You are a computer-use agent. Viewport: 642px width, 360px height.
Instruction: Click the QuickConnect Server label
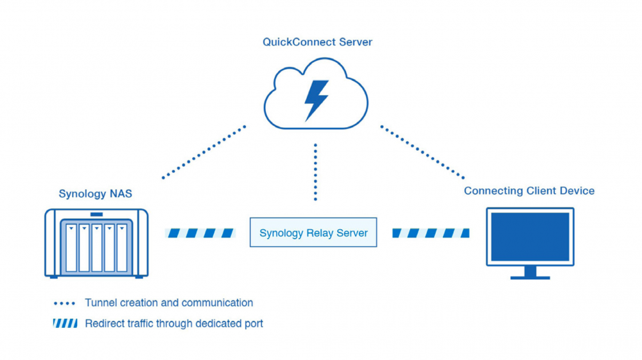(317, 42)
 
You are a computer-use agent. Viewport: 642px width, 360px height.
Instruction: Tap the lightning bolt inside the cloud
(316, 100)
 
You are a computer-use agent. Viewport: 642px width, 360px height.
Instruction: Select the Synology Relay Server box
(313, 233)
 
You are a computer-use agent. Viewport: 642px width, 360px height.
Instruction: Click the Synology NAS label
(95, 194)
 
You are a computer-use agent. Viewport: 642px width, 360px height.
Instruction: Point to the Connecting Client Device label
(529, 191)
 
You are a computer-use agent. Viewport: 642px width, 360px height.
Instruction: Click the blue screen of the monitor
(530, 237)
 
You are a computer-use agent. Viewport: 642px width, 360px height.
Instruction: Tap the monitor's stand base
(530, 277)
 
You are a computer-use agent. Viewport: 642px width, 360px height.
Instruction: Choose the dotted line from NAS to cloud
(204, 152)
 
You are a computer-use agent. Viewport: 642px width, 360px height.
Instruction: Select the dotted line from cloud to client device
(422, 151)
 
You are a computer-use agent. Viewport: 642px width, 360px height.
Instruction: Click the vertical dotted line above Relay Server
(315, 172)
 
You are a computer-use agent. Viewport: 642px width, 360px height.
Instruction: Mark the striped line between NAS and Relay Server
(200, 233)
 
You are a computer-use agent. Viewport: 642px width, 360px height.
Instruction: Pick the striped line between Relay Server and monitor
(430, 233)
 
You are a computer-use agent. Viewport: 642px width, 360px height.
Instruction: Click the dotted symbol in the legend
(65, 303)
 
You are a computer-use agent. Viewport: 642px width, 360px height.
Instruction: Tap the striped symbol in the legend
(65, 323)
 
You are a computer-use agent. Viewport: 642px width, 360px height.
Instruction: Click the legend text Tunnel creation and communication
(169, 303)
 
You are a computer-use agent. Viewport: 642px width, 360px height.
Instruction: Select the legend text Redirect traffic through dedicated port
(174, 323)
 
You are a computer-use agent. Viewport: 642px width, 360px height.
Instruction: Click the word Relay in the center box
(317, 233)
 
